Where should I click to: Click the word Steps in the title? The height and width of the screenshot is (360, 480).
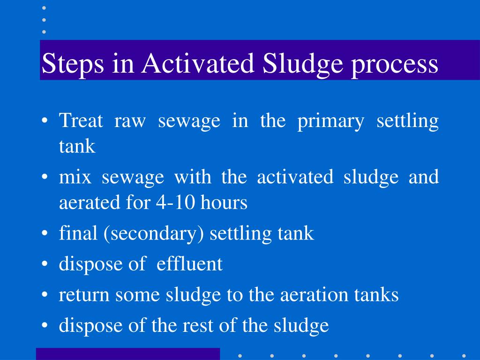72,65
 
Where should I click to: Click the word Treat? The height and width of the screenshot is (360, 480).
81,121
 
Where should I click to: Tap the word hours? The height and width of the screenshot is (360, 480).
224,203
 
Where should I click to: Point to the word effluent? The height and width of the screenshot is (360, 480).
189,264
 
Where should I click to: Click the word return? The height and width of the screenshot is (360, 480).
84,295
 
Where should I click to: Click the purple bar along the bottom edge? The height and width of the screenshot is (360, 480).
127,353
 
